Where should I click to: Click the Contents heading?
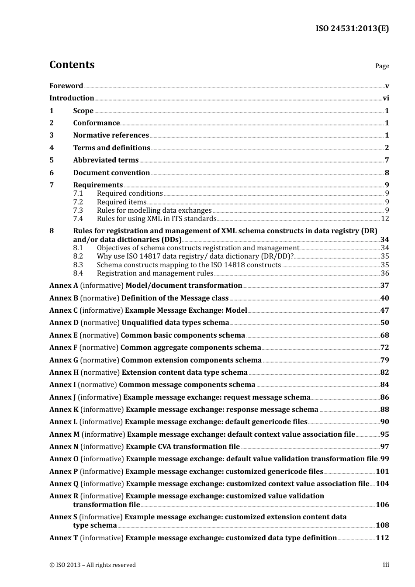click(x=72, y=65)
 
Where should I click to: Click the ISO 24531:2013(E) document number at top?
click(x=352, y=28)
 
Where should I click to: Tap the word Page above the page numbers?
click(x=382, y=66)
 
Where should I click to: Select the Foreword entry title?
click(x=66, y=86)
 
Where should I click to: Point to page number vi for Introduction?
click(x=386, y=98)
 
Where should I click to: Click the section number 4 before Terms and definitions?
click(x=52, y=148)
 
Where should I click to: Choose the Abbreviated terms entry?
click(x=106, y=160)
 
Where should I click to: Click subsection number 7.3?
click(x=78, y=211)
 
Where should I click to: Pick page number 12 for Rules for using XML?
click(x=385, y=219)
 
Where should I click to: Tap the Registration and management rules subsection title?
click(x=155, y=273)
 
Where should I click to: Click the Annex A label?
click(x=63, y=286)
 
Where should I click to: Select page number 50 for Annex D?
click(x=384, y=323)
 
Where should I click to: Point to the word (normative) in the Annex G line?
click(x=100, y=360)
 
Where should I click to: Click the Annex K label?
click(x=64, y=410)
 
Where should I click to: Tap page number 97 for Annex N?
click(x=384, y=447)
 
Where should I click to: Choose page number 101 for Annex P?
click(x=382, y=472)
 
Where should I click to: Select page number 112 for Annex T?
click(x=382, y=538)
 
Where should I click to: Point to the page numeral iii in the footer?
click(x=386, y=565)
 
